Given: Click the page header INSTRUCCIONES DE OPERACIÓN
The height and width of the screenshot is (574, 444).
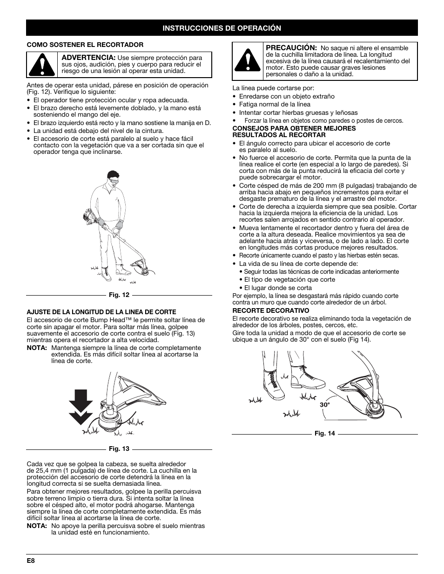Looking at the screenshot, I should pos(222,28).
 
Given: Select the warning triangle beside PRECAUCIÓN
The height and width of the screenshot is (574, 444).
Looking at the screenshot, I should pos(248,61).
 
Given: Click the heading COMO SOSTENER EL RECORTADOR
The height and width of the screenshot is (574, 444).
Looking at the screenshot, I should pos(85,45).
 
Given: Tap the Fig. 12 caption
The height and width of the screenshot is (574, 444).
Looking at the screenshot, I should pos(119,295).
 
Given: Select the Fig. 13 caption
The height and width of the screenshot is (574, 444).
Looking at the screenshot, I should pos(119,449).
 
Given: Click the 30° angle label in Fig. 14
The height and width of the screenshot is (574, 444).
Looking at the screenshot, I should pos(324,405).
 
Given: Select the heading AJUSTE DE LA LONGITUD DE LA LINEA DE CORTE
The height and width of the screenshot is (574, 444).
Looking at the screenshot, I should pos(101,312).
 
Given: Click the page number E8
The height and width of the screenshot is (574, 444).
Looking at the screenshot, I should pos(31,561).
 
